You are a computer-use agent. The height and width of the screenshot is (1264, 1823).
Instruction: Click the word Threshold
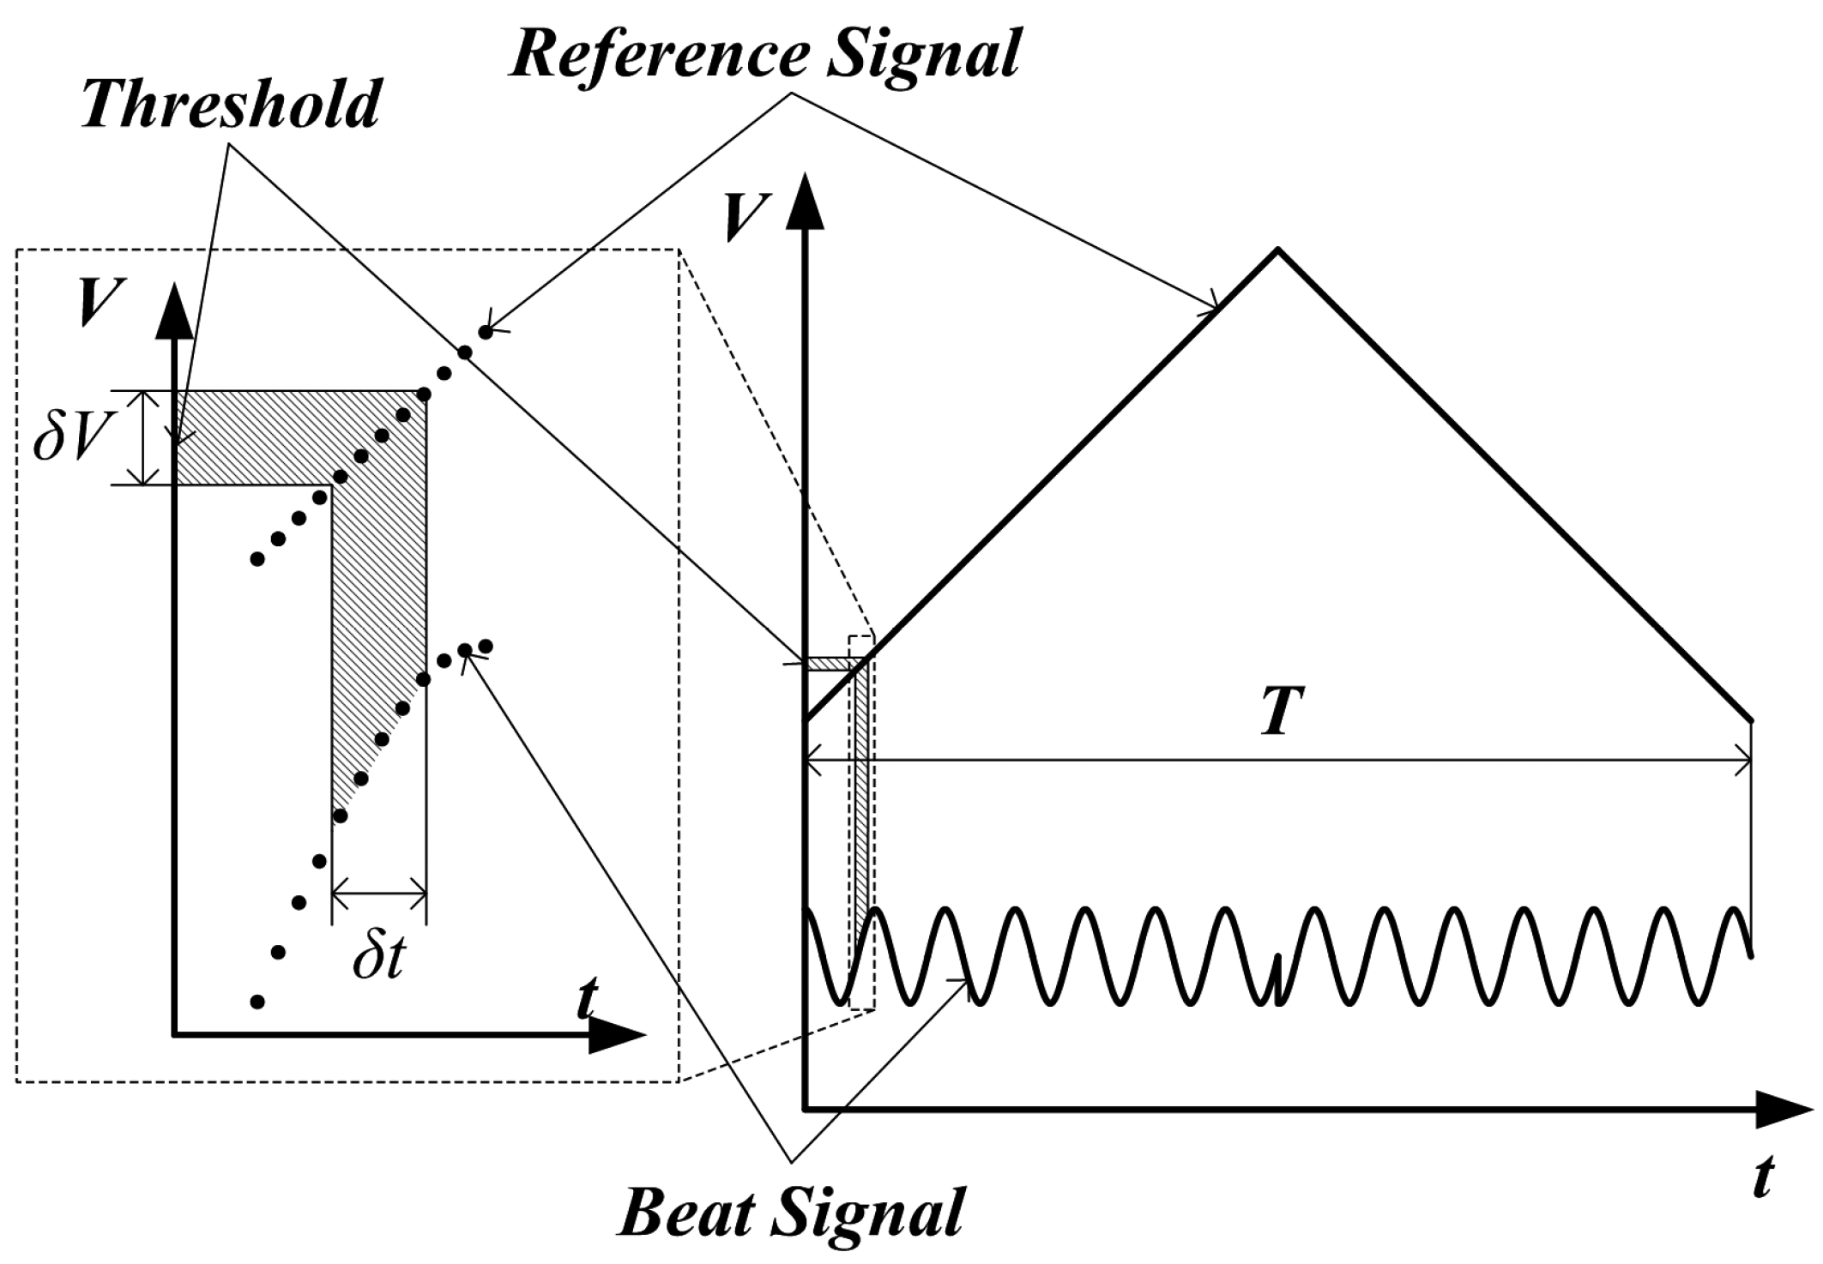[231, 105]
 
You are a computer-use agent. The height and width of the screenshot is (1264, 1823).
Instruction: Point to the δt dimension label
[377, 960]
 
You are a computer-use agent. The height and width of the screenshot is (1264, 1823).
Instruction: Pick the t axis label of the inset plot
[586, 996]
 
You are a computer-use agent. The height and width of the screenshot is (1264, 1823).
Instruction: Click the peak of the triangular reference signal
[1278, 250]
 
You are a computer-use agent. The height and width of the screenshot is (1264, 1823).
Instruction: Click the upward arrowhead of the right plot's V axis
[804, 199]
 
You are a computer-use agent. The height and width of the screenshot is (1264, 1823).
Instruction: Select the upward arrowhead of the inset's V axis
[175, 309]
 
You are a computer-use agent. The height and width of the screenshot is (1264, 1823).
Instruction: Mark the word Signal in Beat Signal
[875, 1211]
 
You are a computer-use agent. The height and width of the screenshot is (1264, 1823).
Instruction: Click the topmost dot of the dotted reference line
[486, 332]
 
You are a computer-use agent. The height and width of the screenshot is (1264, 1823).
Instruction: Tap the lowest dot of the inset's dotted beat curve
[257, 1002]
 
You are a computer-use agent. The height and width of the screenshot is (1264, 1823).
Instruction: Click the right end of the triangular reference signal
[1750, 720]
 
